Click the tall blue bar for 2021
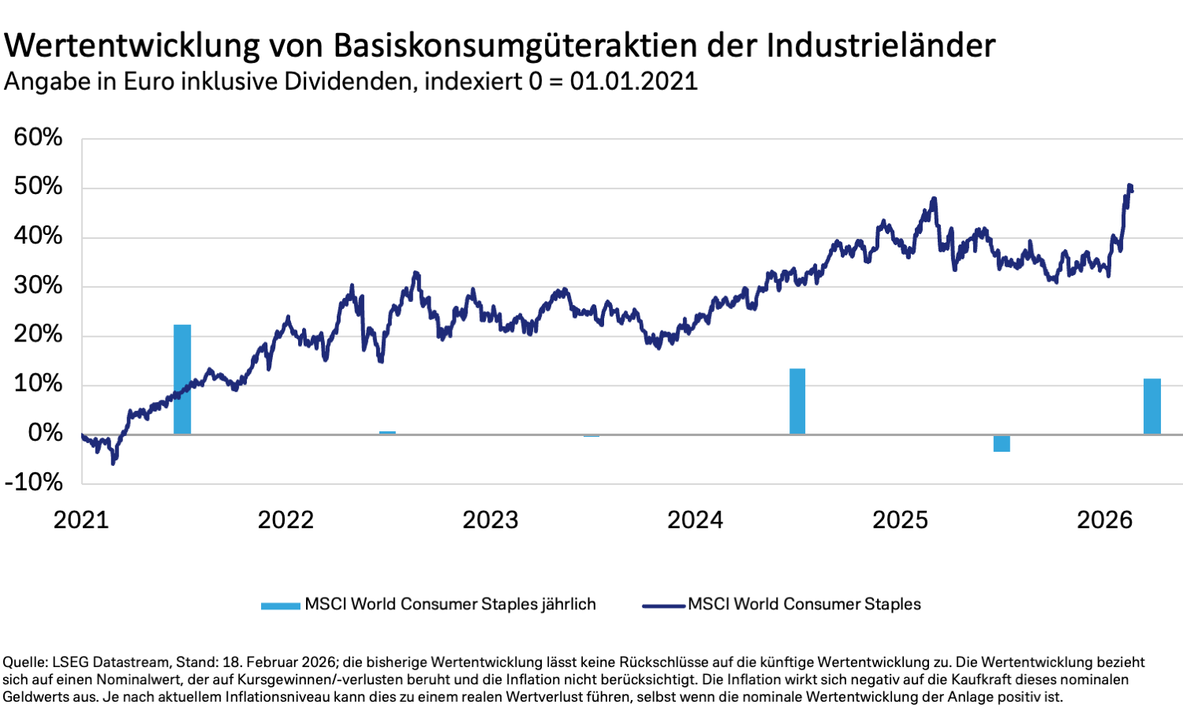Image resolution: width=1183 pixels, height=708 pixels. (x=182, y=379)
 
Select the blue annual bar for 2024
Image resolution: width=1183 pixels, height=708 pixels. (x=797, y=401)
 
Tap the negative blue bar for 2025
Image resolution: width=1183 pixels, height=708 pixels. (x=1002, y=443)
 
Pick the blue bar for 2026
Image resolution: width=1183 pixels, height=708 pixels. (x=1152, y=406)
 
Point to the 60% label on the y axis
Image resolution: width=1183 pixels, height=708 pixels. (x=38, y=137)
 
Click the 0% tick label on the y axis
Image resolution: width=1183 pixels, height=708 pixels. (x=45, y=433)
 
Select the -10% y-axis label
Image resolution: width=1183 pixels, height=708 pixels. (x=34, y=482)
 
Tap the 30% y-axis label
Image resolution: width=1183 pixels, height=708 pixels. (x=38, y=285)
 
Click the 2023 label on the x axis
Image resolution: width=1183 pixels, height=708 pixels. (x=490, y=520)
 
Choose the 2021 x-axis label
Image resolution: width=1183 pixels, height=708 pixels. (x=80, y=520)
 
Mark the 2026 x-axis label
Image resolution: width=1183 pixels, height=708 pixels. (x=1104, y=520)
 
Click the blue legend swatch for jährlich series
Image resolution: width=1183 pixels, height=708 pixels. (x=281, y=606)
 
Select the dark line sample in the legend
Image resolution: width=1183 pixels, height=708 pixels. (x=663, y=606)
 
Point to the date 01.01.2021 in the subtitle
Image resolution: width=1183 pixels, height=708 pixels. (x=633, y=81)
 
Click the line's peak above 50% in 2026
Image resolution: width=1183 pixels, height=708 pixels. (x=1130, y=186)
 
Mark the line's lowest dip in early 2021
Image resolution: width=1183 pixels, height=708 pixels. (x=113, y=463)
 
